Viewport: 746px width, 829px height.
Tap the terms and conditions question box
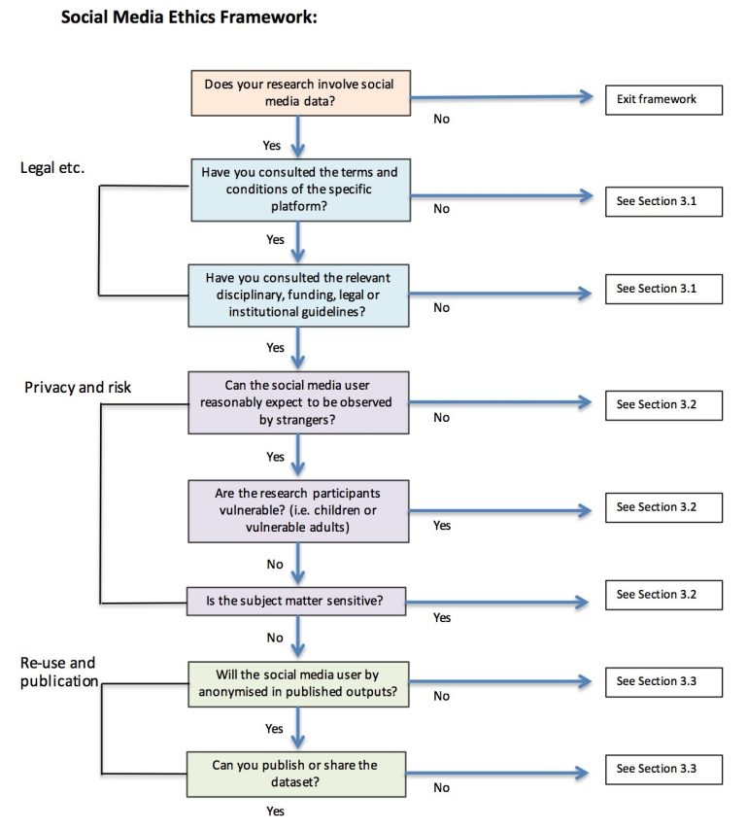coord(299,189)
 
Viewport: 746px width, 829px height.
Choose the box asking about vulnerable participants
coord(299,510)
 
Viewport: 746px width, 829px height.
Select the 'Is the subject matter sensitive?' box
coord(299,601)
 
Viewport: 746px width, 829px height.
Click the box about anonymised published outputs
coord(299,684)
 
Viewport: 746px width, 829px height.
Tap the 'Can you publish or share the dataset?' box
coord(299,773)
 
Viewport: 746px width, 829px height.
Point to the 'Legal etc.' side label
coord(52,168)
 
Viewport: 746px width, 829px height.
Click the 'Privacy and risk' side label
coord(79,387)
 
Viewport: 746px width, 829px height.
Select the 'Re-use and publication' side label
coord(58,672)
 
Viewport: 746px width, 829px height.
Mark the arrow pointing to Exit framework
coord(500,97)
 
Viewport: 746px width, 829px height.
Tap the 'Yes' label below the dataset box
coord(275,811)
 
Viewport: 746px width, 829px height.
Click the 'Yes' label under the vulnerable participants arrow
coord(442,526)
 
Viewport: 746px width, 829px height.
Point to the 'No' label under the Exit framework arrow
coord(441,120)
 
